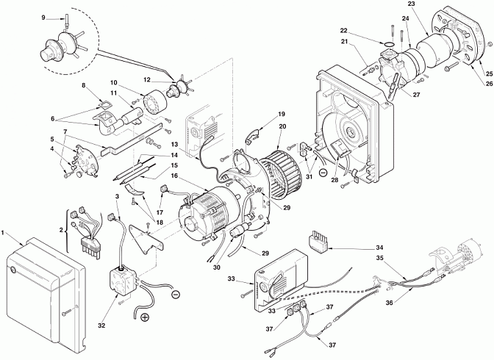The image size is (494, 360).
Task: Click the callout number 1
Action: point(2,233)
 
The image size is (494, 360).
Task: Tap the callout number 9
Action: point(43,18)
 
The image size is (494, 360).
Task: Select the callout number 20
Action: point(282,126)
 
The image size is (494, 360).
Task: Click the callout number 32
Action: point(101,325)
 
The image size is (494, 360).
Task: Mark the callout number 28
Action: point(334,180)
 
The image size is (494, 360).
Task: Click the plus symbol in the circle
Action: point(145,317)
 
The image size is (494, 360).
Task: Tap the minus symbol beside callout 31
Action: point(323,172)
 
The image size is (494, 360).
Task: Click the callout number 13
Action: point(174,144)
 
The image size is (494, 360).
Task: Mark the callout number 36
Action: point(390,303)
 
